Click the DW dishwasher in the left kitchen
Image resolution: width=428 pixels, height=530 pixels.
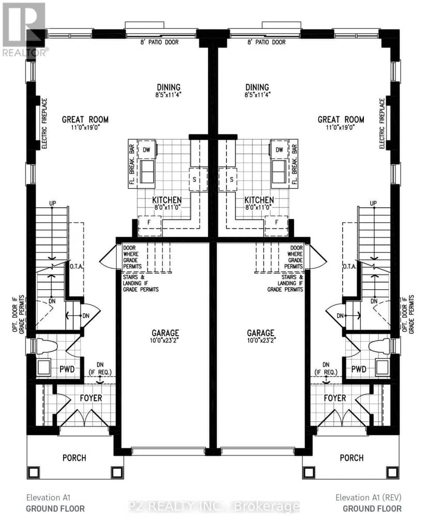coord(146,149)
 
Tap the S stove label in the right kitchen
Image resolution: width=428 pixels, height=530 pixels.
coord(232,179)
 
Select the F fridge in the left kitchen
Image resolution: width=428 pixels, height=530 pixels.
coord(149,222)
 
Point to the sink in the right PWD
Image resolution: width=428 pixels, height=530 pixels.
coord(382,367)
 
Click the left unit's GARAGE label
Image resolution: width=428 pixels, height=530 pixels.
coord(165,333)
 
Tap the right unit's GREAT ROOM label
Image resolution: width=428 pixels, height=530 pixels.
coord(341,119)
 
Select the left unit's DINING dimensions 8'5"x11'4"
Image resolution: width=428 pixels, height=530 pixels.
coord(169,95)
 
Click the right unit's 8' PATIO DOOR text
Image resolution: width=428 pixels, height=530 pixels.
coord(267,42)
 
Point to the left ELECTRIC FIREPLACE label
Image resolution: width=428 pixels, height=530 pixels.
coord(44,123)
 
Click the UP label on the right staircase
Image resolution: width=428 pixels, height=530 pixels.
coord(373,203)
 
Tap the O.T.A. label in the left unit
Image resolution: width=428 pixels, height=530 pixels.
coord(77,267)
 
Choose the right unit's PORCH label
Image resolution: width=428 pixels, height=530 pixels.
coord(351,458)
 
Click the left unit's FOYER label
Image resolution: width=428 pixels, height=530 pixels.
coord(91,398)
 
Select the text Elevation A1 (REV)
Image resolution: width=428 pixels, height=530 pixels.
coord(369,497)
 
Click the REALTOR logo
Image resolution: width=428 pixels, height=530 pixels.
coord(24,29)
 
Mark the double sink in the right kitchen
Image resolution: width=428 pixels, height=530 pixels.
coord(279,172)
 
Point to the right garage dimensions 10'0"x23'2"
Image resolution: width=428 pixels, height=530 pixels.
coord(261,340)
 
